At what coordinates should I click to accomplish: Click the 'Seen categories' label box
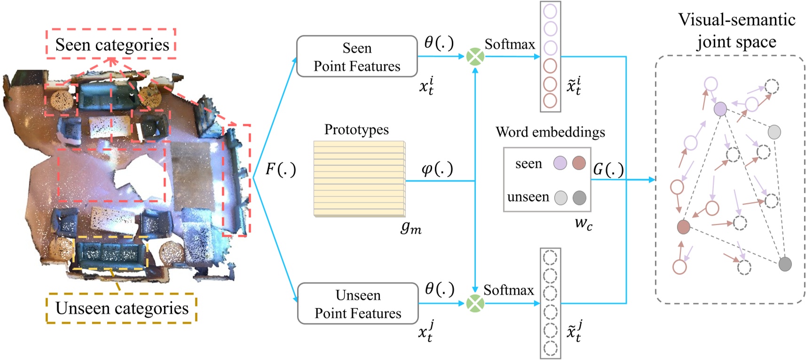[111, 45]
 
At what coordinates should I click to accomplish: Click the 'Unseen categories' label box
[121, 308]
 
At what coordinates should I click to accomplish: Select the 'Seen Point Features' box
[357, 57]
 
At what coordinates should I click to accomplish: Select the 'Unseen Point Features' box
[358, 304]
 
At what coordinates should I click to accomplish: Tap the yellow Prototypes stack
[359, 179]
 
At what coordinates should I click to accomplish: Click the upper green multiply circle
[475, 57]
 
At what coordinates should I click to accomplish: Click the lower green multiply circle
[475, 304]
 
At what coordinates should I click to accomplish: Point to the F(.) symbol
[281, 169]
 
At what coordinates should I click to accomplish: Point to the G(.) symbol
[608, 170]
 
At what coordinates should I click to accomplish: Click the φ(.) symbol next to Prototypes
[437, 169]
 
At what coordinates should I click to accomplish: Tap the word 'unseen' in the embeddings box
[528, 197]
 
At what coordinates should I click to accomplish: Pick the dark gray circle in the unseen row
[579, 198]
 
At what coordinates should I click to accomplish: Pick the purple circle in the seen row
[560, 164]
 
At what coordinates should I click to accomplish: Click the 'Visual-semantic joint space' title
[736, 31]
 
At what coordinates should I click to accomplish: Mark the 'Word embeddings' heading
[550, 133]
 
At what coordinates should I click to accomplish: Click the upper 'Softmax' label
[510, 45]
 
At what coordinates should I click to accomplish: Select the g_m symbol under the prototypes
[411, 227]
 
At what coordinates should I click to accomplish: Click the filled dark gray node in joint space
[785, 264]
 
